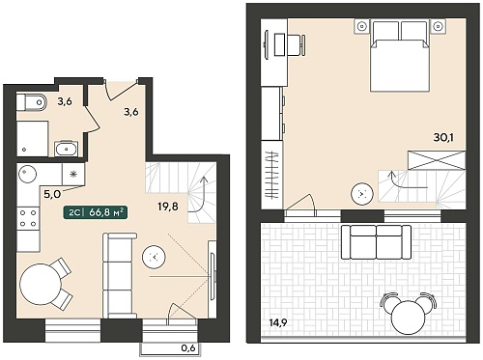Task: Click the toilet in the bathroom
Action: click(31, 102)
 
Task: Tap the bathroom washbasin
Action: click(66, 149)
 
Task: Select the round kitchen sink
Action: click(27, 174)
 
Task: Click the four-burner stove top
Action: click(28, 218)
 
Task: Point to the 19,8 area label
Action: click(168, 207)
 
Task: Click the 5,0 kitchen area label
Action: click(52, 194)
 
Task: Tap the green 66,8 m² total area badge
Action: click(96, 212)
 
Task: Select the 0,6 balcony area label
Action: click(188, 347)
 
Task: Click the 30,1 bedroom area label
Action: click(443, 137)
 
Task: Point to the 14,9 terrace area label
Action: click(279, 322)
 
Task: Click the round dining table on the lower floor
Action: click(41, 284)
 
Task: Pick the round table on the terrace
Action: click(408, 318)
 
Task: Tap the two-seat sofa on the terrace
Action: click(376, 242)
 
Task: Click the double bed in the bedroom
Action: click(400, 56)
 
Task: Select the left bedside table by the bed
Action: click(362, 26)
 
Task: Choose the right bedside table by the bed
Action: click(438, 26)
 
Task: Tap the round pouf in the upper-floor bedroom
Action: click(362, 194)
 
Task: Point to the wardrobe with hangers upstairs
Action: click(272, 175)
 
